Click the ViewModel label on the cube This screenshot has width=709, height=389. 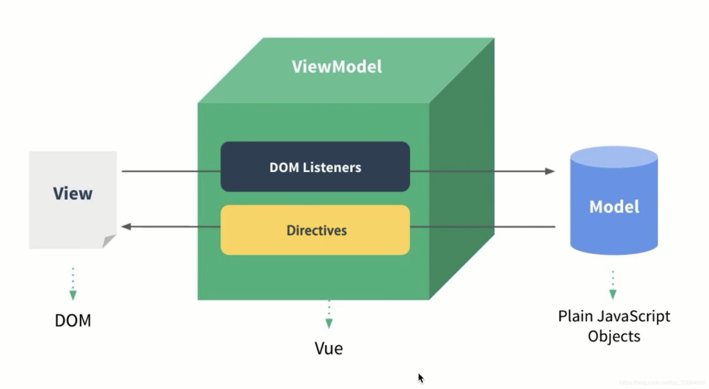(337, 67)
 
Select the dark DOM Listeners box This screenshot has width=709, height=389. (315, 167)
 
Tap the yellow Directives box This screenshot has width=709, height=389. (315, 230)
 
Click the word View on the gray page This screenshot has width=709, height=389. (73, 193)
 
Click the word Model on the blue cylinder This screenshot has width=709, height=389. (614, 207)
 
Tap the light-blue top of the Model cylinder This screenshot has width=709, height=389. (614, 157)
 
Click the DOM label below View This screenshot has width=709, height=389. (73, 321)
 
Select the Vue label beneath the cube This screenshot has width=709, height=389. (329, 348)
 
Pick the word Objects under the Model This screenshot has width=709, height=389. (614, 336)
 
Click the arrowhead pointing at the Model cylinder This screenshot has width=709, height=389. (550, 171)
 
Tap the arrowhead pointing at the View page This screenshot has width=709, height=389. (126, 227)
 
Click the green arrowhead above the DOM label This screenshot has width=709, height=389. (73, 295)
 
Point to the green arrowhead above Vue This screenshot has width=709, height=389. (329, 323)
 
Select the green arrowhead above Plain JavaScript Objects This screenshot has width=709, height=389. (613, 294)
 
